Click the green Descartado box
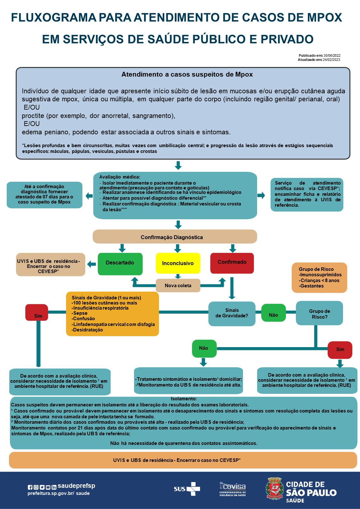(x=120, y=264)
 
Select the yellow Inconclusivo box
(x=178, y=263)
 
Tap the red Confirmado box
(x=232, y=263)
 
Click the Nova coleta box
(x=178, y=285)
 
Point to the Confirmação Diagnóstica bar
(x=175, y=237)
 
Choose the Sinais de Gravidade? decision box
(x=232, y=313)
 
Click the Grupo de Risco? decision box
(x=319, y=313)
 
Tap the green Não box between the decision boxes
(x=273, y=313)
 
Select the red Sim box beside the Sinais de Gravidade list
(x=37, y=313)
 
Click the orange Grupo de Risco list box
(x=319, y=278)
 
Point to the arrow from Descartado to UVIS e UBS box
(x=91, y=264)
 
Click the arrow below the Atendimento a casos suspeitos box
(x=178, y=165)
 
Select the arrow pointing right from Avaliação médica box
(x=261, y=195)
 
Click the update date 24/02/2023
(x=331, y=60)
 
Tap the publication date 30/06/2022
(x=332, y=55)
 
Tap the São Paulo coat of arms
(x=274, y=488)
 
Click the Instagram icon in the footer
(x=36, y=487)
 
